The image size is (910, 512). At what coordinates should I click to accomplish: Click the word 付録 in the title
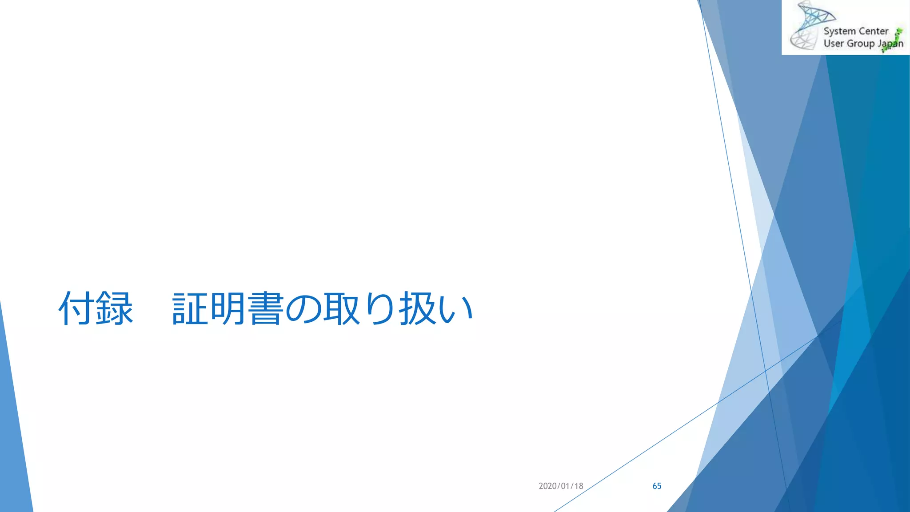point(96,308)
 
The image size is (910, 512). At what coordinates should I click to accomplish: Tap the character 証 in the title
point(190,308)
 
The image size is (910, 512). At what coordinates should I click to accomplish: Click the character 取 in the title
point(341,308)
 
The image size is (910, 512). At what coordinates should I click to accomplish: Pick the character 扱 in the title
point(417,308)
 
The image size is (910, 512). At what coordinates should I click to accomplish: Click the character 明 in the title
point(228,308)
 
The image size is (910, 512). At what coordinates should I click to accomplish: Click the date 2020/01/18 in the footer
point(561,486)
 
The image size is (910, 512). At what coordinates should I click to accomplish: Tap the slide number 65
point(657,486)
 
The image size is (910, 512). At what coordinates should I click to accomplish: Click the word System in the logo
point(839,32)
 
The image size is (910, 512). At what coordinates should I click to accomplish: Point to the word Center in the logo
point(874,31)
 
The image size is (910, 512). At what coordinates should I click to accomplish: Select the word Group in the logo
point(861,44)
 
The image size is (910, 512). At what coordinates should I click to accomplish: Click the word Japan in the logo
point(890,44)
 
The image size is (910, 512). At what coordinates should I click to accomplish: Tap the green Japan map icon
point(895,39)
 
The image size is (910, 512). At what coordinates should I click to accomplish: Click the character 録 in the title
point(115,308)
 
